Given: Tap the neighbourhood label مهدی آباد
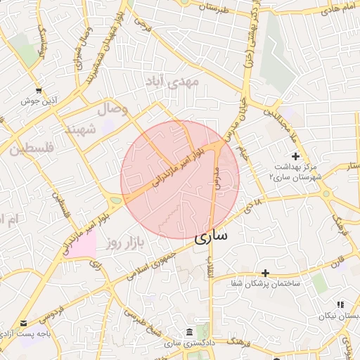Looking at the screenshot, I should (172, 82).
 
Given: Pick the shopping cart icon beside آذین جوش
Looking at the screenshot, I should (37, 91).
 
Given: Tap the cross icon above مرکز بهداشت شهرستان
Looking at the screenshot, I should (295, 155).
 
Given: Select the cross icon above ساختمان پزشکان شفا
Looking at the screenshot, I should (265, 273).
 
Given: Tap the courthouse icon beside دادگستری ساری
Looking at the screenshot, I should (188, 332).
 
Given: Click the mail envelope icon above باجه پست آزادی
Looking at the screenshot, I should (25, 323).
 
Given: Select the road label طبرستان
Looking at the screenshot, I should (214, 6).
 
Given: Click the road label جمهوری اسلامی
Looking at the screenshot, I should (150, 264).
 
